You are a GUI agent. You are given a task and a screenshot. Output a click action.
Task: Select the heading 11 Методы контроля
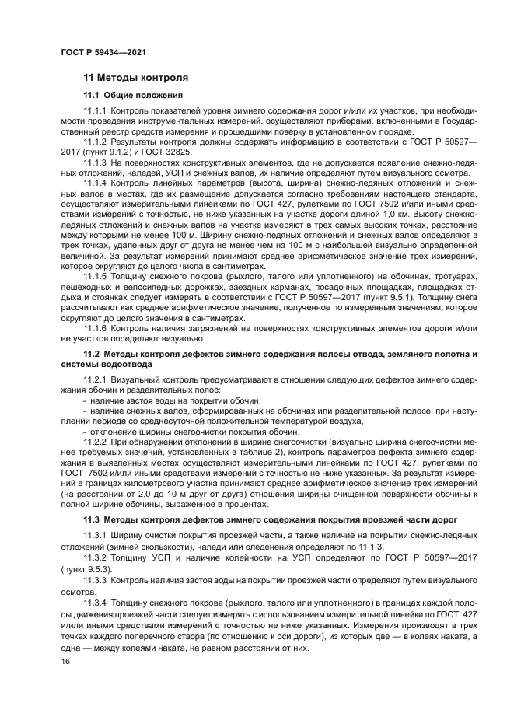135,78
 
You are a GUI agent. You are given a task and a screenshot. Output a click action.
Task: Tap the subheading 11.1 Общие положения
133,95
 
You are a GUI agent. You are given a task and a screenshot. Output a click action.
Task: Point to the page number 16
65,661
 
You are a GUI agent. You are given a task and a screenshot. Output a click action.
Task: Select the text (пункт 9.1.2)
108,152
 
